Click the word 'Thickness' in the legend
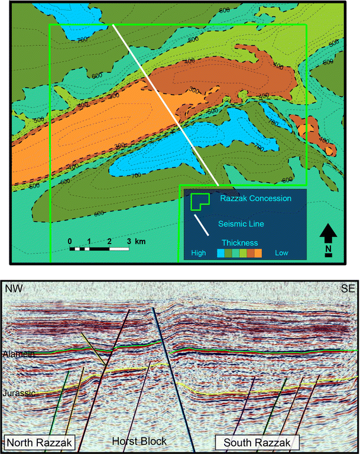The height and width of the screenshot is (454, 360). [239, 242]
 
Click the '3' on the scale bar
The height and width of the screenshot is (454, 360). [129, 241]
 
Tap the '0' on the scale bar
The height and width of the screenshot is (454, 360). [70, 241]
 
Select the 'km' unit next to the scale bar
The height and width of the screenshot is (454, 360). [140, 241]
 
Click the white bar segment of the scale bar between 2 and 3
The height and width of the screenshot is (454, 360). [119, 248]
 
